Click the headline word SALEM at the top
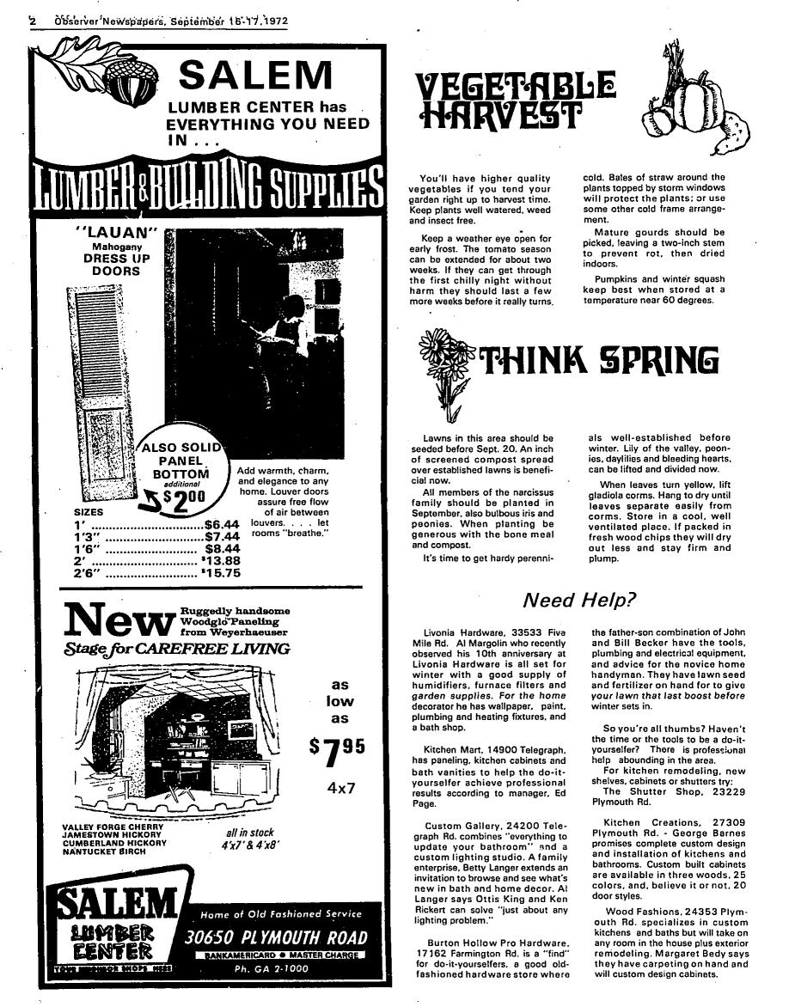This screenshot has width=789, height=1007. coord(261,76)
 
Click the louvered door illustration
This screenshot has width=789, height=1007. coord(101,378)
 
